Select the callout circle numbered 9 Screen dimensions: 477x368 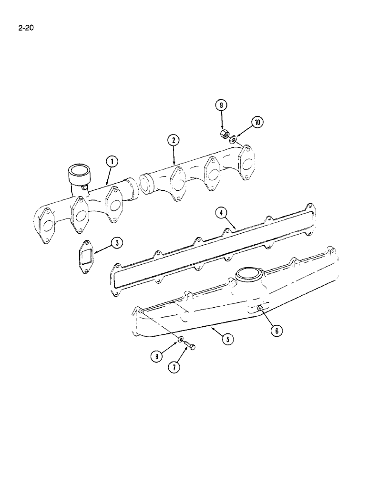(x=221, y=105)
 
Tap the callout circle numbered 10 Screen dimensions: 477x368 (x=257, y=123)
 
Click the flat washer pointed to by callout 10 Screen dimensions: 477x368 (x=232, y=140)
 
